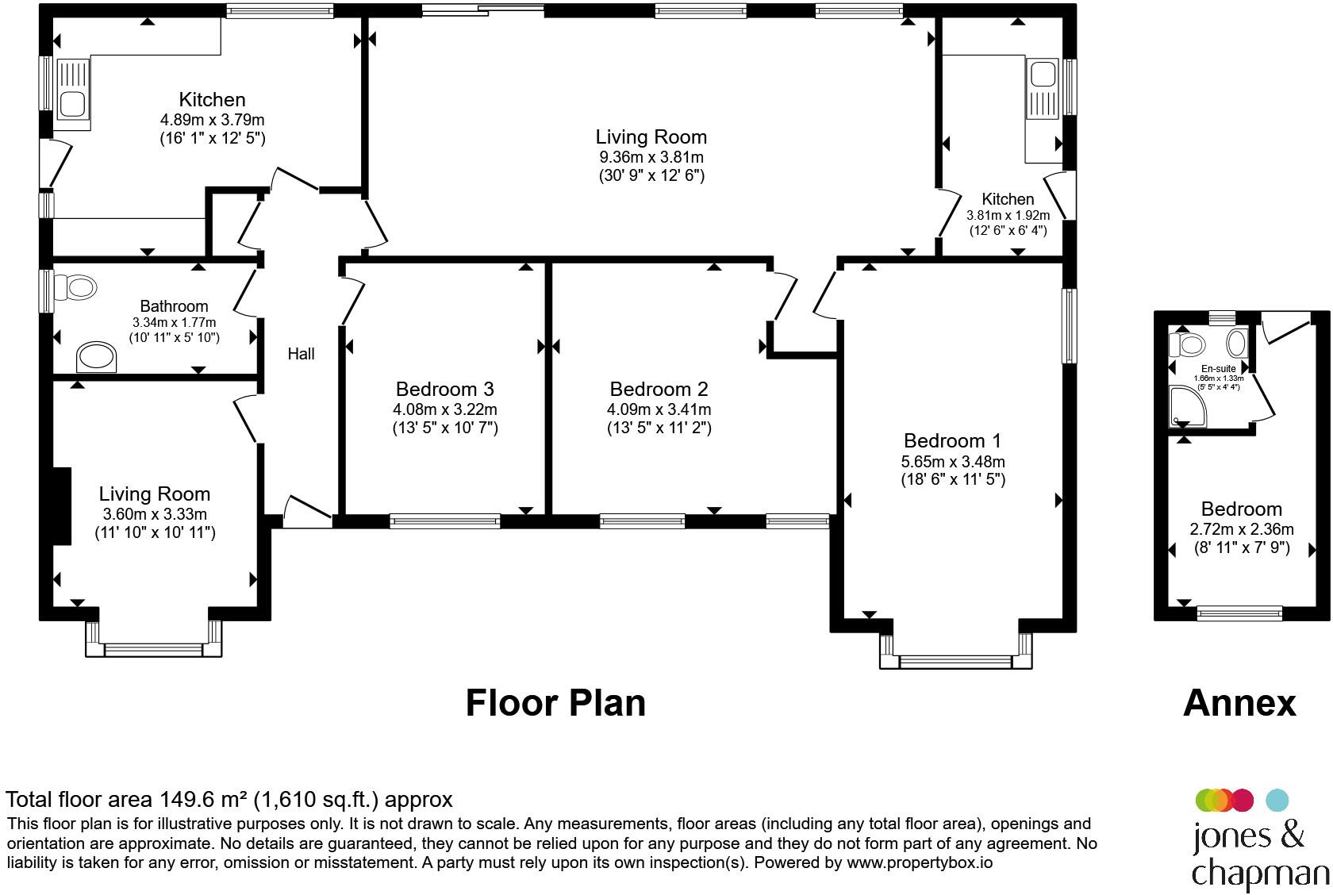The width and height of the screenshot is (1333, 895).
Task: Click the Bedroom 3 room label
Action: point(444,389)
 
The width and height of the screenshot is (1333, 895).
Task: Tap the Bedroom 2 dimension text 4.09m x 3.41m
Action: point(659,409)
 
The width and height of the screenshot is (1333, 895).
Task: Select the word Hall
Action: point(301,354)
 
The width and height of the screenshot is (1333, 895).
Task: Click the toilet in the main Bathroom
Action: point(75,287)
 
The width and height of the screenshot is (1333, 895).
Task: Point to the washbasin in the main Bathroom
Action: point(97,357)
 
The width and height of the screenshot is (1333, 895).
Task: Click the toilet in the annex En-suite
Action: point(1187,344)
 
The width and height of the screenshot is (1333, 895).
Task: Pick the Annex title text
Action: point(1239,703)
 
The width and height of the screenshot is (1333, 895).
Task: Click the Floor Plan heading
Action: point(555,703)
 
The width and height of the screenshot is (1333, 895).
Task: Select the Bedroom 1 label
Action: point(952,441)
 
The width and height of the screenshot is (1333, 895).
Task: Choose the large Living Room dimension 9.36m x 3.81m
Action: point(651,157)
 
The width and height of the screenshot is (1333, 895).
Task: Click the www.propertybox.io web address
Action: point(920,863)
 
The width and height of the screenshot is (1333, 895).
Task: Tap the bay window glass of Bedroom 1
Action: point(955,661)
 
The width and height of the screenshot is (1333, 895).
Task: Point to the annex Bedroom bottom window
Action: point(1239,613)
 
